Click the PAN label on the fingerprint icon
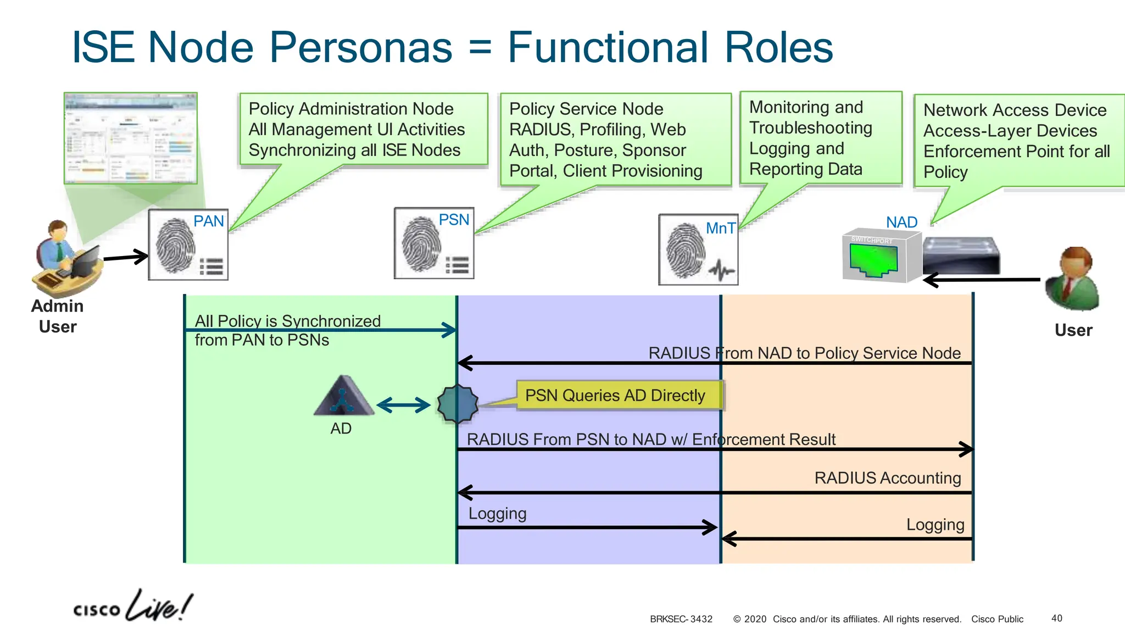[x=209, y=221]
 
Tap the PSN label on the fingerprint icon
[x=454, y=220]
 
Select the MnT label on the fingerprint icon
[x=720, y=228]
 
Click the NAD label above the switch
[x=901, y=222]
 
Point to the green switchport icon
[x=873, y=259]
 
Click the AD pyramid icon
[x=343, y=396]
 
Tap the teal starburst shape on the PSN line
[x=458, y=404]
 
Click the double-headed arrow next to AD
[x=404, y=406]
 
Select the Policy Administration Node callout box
[x=363, y=129]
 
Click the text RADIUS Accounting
[x=887, y=477]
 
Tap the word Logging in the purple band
[x=497, y=513]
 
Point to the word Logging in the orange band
[x=935, y=524]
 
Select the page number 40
[x=1056, y=618]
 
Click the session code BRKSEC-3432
[x=681, y=619]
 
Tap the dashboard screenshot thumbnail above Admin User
[x=131, y=138]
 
